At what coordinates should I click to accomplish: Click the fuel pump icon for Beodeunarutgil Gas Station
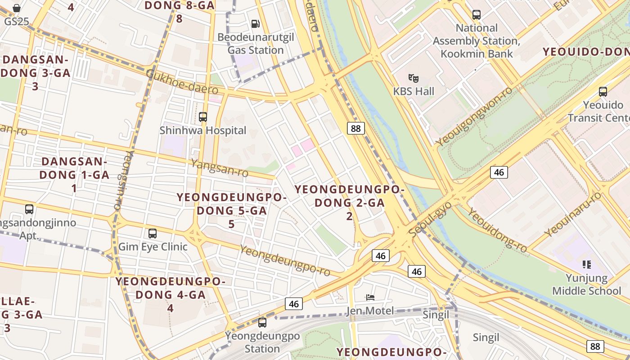255,23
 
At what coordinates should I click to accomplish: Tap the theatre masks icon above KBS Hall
414,78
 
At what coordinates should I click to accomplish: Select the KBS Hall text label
414,91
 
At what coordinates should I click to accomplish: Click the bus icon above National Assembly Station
477,15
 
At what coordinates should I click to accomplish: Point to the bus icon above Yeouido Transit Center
603,92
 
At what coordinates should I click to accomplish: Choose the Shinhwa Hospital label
203,130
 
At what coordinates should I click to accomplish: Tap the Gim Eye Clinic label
153,247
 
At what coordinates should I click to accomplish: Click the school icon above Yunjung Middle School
586,265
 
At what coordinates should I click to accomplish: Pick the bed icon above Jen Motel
370,297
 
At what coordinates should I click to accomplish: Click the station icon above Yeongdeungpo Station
262,323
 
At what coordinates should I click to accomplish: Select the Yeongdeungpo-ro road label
285,261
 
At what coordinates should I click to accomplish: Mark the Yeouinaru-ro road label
572,214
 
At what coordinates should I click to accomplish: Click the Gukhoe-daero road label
182,82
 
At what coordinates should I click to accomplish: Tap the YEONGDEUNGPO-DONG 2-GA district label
350,202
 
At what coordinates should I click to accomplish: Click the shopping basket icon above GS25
17,8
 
